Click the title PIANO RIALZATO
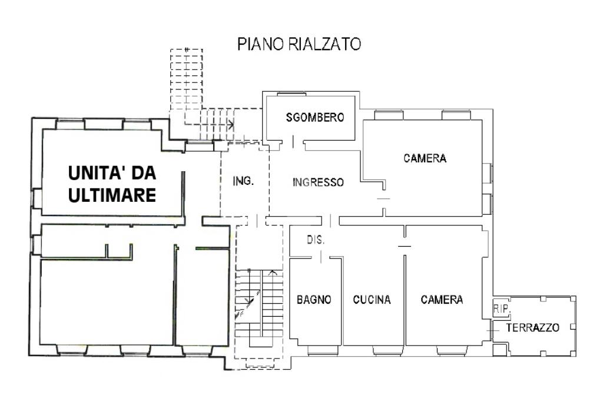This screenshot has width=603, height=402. pos(299,44)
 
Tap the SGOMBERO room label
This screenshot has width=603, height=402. pos(315,117)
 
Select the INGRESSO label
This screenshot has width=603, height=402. pos(318,182)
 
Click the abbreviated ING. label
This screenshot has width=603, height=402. pos(243,181)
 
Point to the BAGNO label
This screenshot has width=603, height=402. pos(314,300)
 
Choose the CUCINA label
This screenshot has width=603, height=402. pos(372,300)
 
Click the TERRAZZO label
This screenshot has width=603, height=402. pos(532,327)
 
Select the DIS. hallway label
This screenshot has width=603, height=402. pos(316,240)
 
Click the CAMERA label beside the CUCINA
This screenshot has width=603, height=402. pos(442,300)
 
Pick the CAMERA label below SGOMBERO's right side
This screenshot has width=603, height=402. pos(425,158)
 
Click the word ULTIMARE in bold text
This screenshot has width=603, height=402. pos(112,195)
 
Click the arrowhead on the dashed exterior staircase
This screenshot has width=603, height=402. pos(231,125)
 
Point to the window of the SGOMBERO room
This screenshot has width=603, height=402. pos(291,94)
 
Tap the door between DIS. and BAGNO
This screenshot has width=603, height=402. pos(321,257)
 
